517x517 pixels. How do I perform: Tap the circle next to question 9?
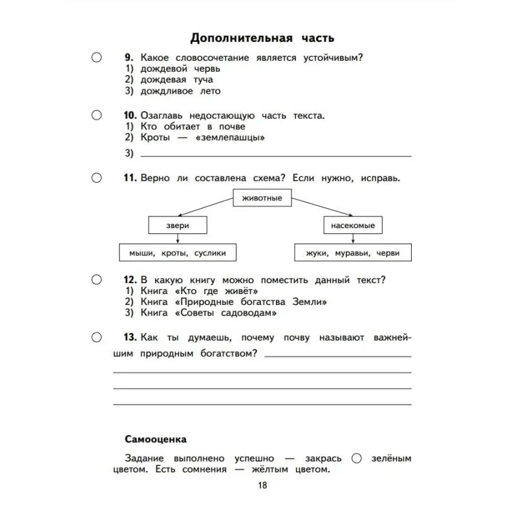pos(96,58)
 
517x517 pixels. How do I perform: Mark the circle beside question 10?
pos(96,115)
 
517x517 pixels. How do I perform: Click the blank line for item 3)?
pos(275,155)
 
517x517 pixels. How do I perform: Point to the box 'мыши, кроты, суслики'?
pos(177,253)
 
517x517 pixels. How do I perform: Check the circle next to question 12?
pos(96,280)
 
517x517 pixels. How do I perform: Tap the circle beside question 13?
pos(96,337)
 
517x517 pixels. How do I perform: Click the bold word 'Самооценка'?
pos(156,439)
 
